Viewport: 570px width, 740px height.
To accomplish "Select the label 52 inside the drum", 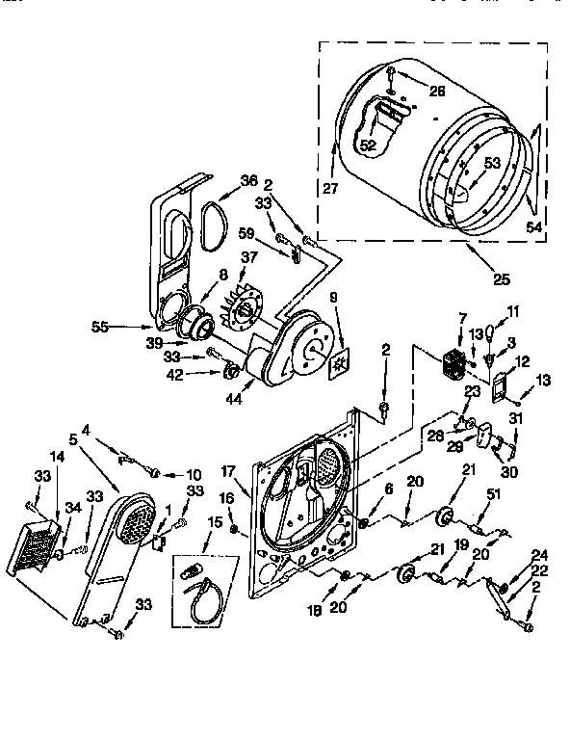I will [x=368, y=145].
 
